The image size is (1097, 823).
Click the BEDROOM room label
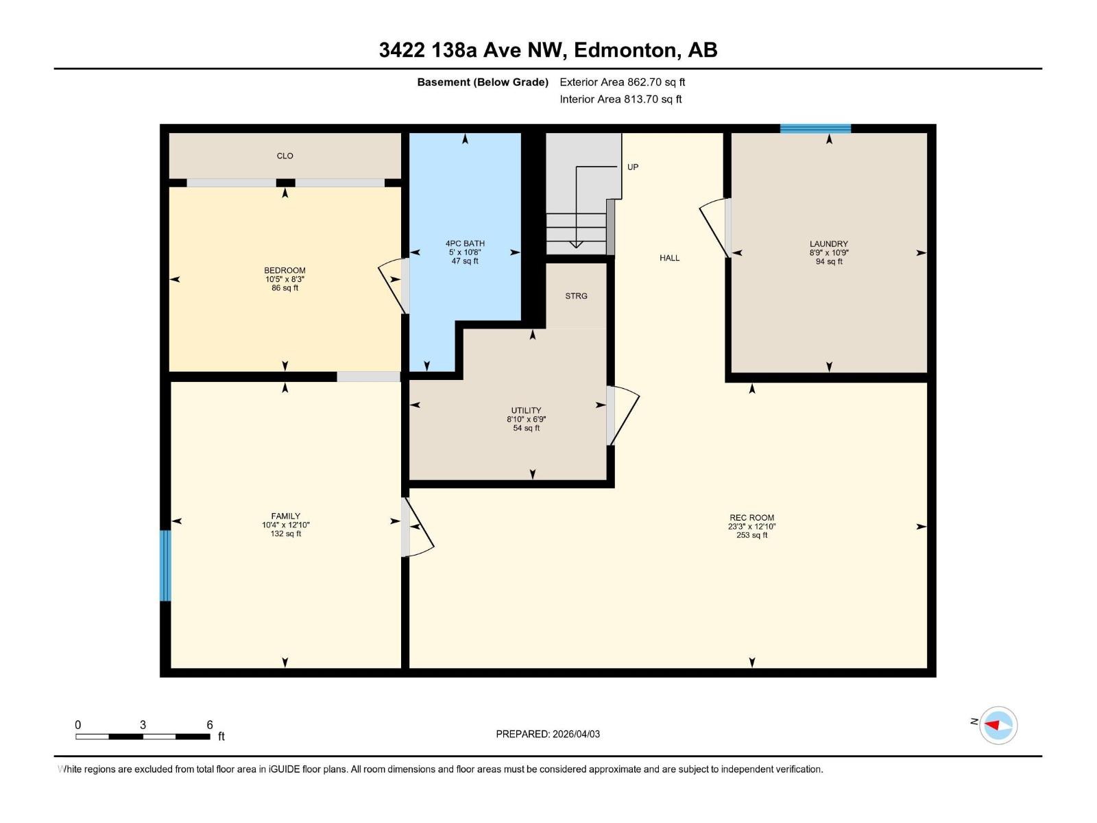click(x=285, y=270)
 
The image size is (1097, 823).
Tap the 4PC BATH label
click(x=465, y=243)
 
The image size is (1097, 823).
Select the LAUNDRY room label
click(x=828, y=243)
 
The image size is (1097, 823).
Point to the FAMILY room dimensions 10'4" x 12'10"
click(x=285, y=525)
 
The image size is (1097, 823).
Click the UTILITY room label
click(x=526, y=410)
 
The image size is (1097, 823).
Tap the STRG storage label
click(x=576, y=296)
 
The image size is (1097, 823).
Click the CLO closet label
click(x=285, y=156)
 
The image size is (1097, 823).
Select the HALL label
click(x=669, y=258)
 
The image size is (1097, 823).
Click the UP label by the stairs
click(x=632, y=167)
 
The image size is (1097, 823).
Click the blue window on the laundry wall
click(x=815, y=128)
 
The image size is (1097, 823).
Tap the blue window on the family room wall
click(x=165, y=566)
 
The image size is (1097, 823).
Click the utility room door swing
click(x=623, y=416)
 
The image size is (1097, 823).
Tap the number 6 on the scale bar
click(x=210, y=725)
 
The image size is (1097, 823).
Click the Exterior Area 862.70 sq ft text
click(x=622, y=82)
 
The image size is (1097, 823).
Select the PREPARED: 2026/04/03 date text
click(x=548, y=734)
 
